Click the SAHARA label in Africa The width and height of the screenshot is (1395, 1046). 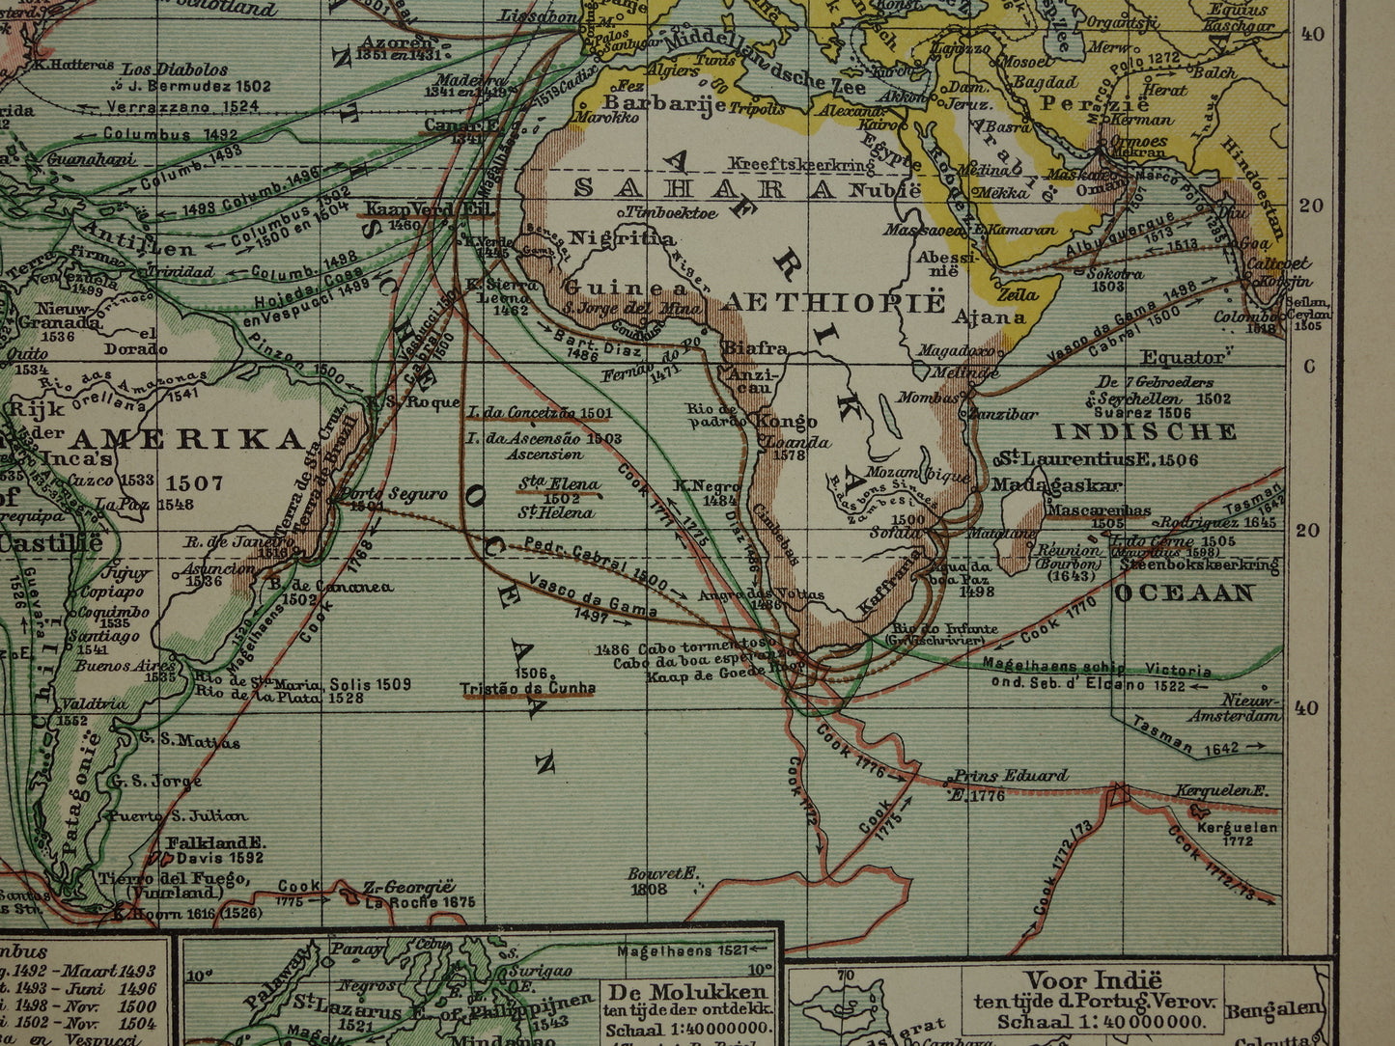[704, 187]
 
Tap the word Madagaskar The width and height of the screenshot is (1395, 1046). [1057, 484]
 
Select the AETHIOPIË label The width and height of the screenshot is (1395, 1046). [834, 302]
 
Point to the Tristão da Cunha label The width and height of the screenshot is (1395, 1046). [528, 687]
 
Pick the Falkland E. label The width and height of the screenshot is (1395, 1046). [214, 841]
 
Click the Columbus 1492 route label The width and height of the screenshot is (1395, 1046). [171, 134]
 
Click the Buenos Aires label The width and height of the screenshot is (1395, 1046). [126, 665]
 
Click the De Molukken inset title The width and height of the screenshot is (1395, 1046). [686, 992]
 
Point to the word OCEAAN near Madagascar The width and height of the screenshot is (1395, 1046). [1184, 593]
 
